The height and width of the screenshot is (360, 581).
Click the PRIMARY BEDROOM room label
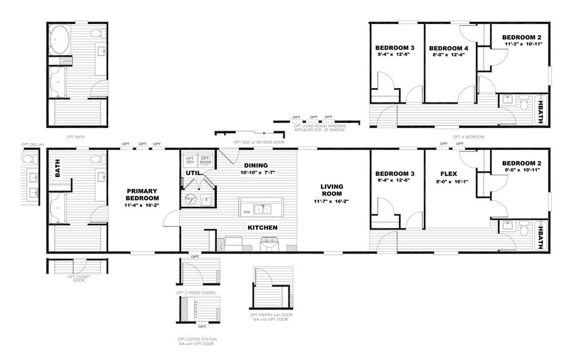click(x=142, y=195)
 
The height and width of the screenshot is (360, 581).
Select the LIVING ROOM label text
click(x=331, y=189)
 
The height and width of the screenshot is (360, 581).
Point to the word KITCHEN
click(x=262, y=228)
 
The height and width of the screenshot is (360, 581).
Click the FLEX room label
click(x=448, y=174)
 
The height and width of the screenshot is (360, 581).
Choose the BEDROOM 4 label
click(x=448, y=49)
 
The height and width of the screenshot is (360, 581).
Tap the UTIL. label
click(x=192, y=173)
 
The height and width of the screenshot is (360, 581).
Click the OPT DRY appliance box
click(x=189, y=160)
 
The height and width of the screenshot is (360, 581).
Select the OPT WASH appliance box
click(x=205, y=160)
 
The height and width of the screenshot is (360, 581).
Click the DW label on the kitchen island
click(x=247, y=212)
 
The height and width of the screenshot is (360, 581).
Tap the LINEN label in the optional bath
click(x=66, y=61)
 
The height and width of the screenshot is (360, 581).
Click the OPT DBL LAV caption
click(x=33, y=145)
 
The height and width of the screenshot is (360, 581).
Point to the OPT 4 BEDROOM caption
click(x=468, y=137)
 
